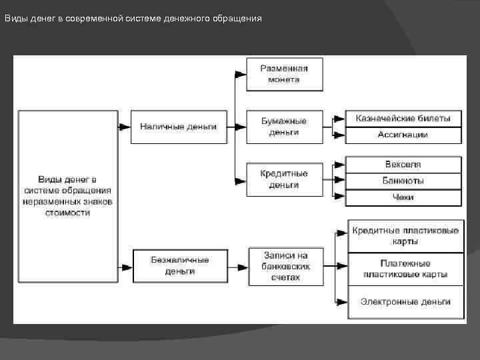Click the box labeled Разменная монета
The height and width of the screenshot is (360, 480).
284,74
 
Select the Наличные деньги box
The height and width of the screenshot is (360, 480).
178,127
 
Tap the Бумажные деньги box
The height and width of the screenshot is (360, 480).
284,127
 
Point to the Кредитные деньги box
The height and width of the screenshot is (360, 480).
284,179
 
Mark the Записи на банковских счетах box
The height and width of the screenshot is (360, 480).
287,266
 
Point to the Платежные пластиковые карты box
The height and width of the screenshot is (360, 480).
405,269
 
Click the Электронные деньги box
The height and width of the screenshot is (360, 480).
405,302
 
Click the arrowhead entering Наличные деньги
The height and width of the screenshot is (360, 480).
125,126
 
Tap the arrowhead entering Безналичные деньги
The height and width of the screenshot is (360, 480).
127,265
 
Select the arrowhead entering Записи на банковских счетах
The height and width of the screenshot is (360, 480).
244,265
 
